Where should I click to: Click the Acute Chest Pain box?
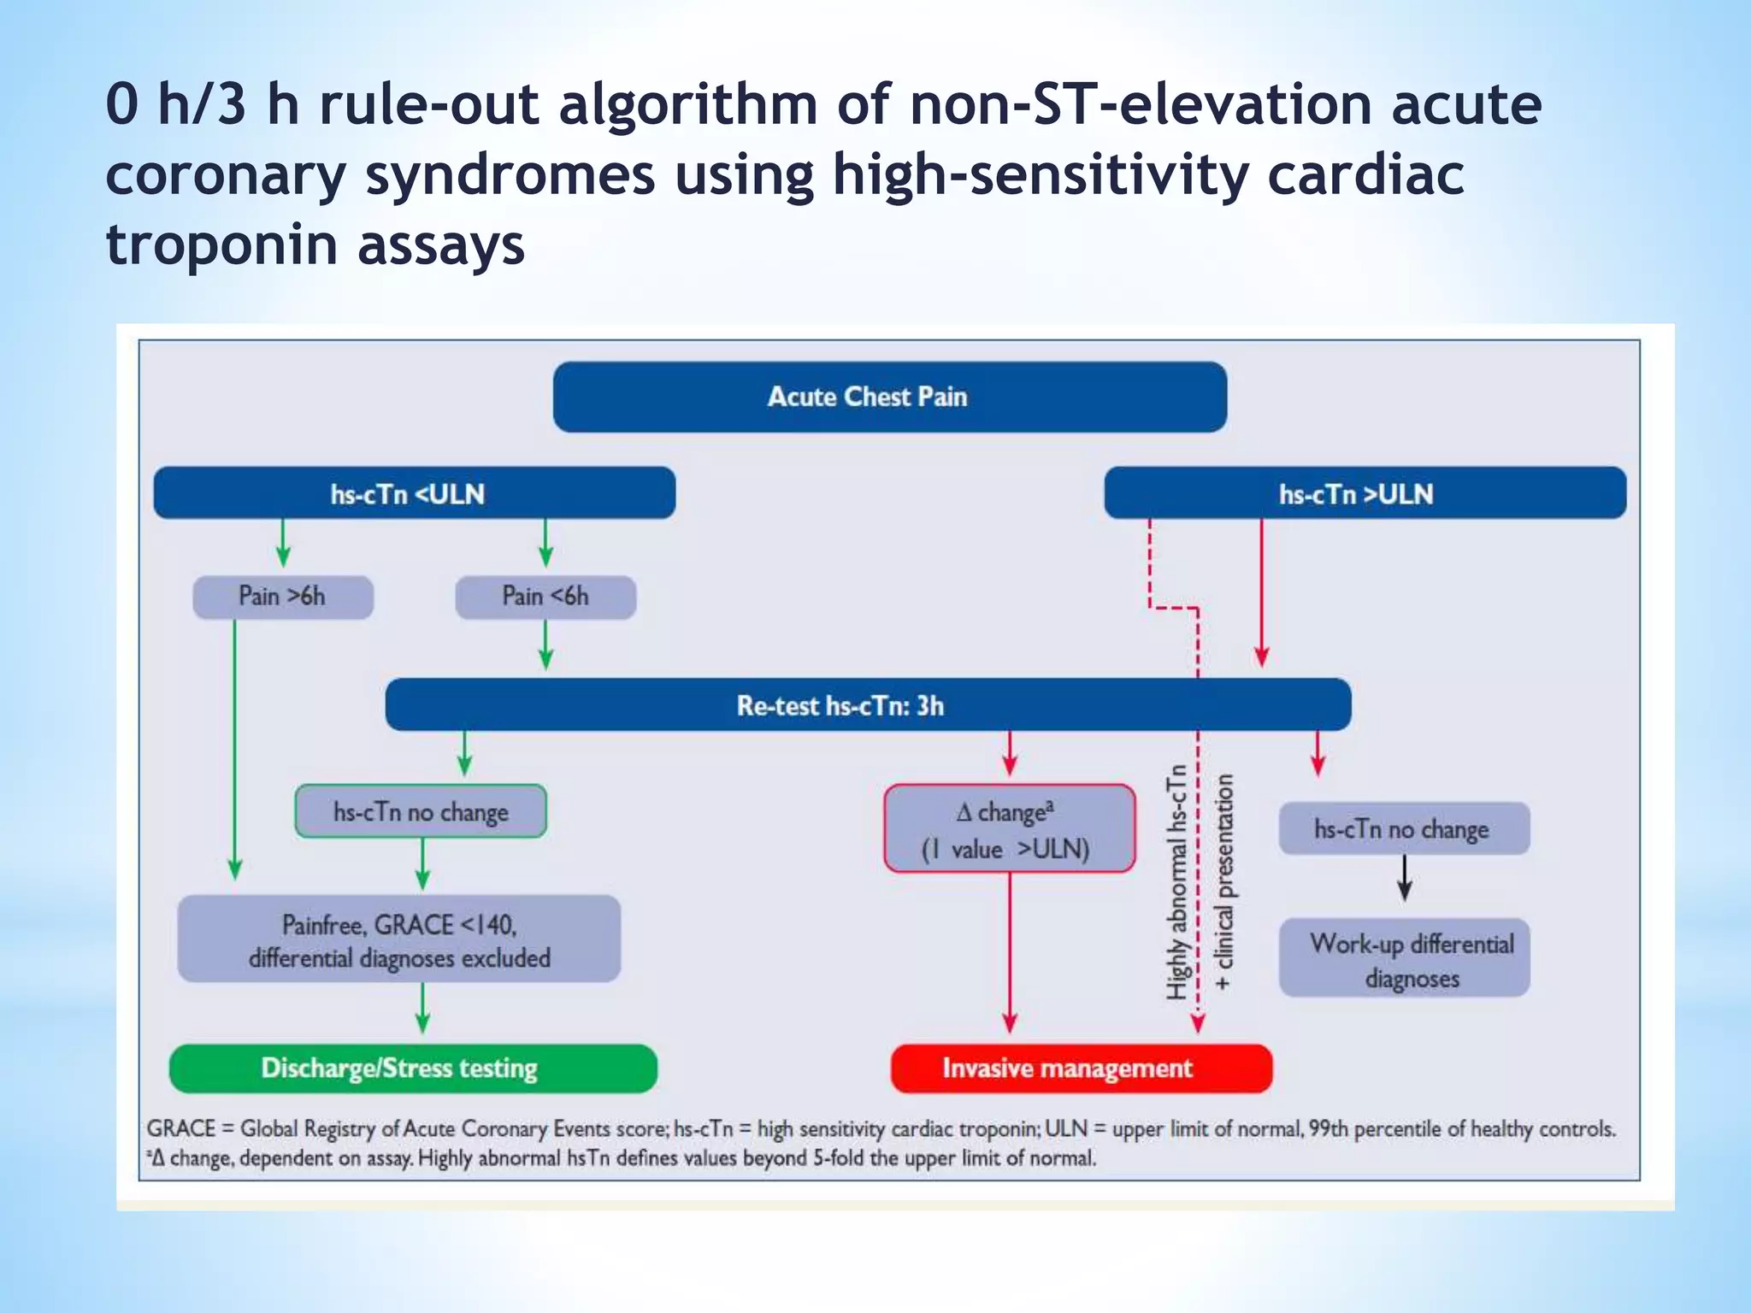point(889,397)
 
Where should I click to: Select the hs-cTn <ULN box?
point(414,493)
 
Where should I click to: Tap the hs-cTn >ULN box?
point(1365,493)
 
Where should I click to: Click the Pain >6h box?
point(282,597)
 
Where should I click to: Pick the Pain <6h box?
point(545,597)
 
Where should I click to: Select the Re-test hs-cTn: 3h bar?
point(867,705)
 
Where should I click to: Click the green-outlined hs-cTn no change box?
point(421,811)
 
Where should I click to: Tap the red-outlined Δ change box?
point(1009,828)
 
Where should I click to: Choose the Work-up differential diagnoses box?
point(1404,958)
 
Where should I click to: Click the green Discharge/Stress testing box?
point(414,1069)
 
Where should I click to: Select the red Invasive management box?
point(1081,1069)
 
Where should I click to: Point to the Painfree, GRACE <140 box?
point(398,939)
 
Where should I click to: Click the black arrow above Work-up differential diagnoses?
point(1404,879)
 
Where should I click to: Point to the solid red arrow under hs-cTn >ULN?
point(1261,590)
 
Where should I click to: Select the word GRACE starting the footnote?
point(181,1129)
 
